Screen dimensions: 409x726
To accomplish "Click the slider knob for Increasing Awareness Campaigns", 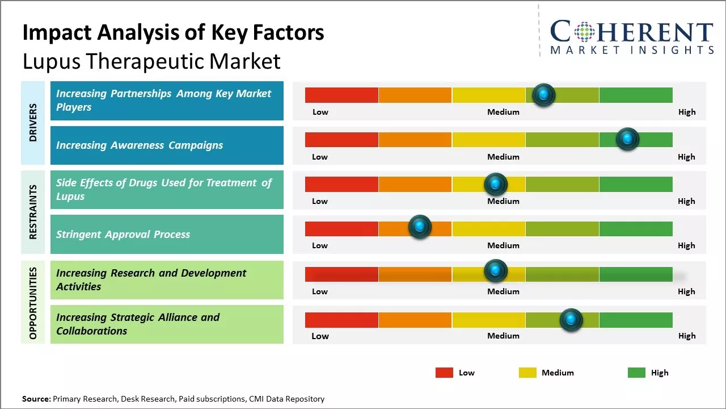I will coord(627,139).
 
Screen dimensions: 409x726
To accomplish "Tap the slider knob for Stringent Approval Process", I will coord(420,227).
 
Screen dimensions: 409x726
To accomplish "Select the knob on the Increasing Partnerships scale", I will coord(544,95).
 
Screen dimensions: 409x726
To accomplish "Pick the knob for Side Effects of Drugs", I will coord(495,184).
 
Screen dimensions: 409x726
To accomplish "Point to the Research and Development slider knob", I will coord(495,271).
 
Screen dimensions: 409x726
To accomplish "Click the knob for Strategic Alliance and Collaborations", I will coord(571,320).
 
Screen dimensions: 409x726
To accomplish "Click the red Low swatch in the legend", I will coord(444,373).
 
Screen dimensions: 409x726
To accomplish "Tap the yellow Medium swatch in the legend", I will coord(527,373).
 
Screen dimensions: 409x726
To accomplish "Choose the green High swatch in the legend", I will coord(636,373).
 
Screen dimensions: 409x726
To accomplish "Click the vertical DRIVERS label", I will coord(33,122).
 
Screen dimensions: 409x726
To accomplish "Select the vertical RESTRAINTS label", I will coord(33,211).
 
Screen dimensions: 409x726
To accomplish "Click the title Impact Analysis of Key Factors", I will coord(173,33).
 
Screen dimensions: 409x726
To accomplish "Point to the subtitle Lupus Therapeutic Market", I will coord(151,61).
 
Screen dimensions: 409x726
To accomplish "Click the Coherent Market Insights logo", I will coord(631,37).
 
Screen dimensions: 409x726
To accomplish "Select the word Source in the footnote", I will coord(36,399).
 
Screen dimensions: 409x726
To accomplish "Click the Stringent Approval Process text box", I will coord(167,234).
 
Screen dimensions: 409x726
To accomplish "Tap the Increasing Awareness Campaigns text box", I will coord(167,145).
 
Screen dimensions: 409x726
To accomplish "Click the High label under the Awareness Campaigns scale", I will coord(686,157).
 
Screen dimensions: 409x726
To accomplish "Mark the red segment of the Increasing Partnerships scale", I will coord(341,95).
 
